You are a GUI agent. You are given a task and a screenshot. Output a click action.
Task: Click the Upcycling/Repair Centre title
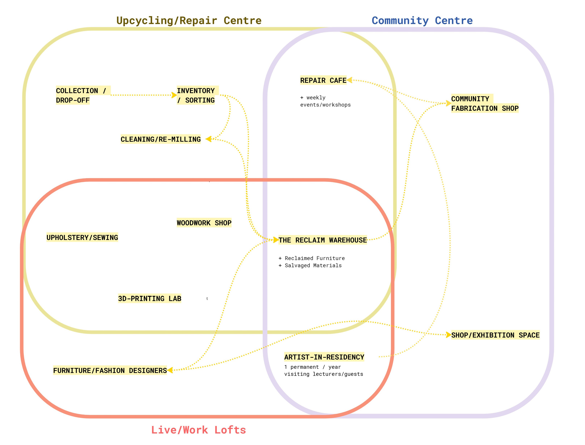coord(189,21)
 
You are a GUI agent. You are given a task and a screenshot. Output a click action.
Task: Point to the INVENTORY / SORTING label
coord(196,95)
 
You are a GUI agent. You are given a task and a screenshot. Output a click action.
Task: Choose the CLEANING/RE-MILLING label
coord(161,139)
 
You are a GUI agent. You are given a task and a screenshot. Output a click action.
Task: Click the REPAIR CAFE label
coord(323,80)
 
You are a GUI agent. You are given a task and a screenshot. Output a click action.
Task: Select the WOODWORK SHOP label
coord(204,223)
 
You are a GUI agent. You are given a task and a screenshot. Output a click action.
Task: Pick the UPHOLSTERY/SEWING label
coord(82,237)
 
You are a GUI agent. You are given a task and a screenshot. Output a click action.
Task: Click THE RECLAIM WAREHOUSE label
coord(323,240)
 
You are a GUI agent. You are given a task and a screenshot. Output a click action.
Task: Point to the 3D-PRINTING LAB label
coord(149,299)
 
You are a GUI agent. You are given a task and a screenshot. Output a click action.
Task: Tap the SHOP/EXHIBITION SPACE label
coord(495,335)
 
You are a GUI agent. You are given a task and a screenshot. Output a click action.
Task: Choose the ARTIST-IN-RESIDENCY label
coord(324,357)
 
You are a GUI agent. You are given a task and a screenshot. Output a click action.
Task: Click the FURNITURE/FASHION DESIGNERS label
coord(110,370)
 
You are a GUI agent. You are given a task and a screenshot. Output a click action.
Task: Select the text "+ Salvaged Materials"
coord(310,265)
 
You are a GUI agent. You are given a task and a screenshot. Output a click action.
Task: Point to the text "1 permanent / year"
coord(312,367)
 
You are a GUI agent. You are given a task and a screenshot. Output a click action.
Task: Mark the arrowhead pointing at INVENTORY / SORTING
coord(174,95)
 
